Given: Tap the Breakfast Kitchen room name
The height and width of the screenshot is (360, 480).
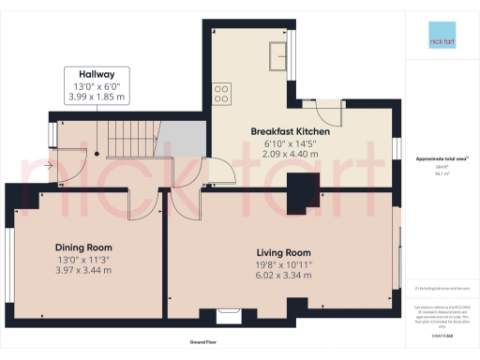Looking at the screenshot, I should tap(290, 131).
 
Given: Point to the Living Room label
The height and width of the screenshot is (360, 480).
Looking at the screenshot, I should tap(283, 252).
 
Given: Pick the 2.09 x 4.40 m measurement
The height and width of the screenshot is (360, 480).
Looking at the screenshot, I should tap(290, 155).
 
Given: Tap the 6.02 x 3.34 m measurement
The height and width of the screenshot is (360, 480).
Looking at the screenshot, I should tap(283, 276).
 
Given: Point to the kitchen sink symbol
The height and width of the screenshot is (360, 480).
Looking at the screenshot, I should tap(277, 58).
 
